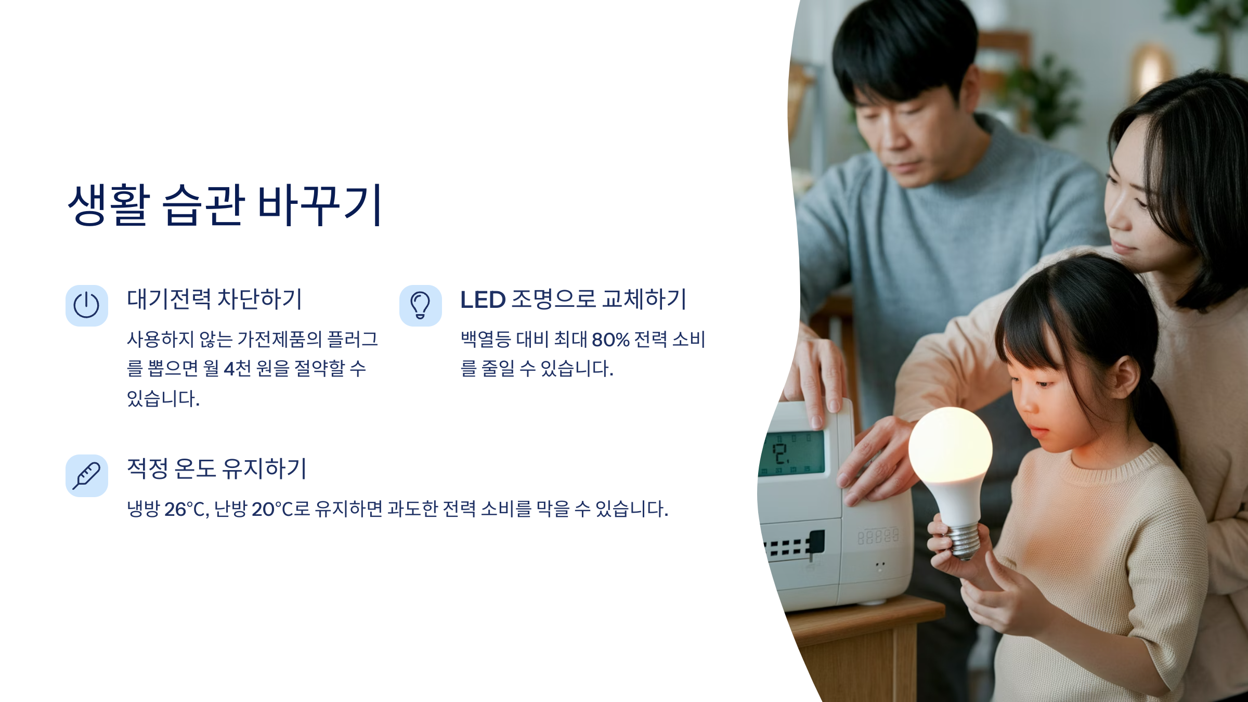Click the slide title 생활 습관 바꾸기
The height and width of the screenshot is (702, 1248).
[225, 205]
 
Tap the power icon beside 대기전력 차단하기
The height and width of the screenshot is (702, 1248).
[86, 305]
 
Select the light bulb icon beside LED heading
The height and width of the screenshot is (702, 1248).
[420, 305]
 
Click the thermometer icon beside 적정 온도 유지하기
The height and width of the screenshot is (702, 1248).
[86, 475]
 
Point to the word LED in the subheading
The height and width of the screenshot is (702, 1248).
[483, 300]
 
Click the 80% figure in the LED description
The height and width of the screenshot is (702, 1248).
[610, 340]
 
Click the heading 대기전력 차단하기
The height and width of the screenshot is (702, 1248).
[214, 300]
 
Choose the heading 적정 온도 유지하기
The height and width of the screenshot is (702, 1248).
[217, 469]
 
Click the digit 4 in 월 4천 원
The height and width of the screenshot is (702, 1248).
[229, 369]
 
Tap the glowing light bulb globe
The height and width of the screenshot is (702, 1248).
[950, 446]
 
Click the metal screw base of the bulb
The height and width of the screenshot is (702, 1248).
[964, 542]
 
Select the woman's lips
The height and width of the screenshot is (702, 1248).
[1123, 246]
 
